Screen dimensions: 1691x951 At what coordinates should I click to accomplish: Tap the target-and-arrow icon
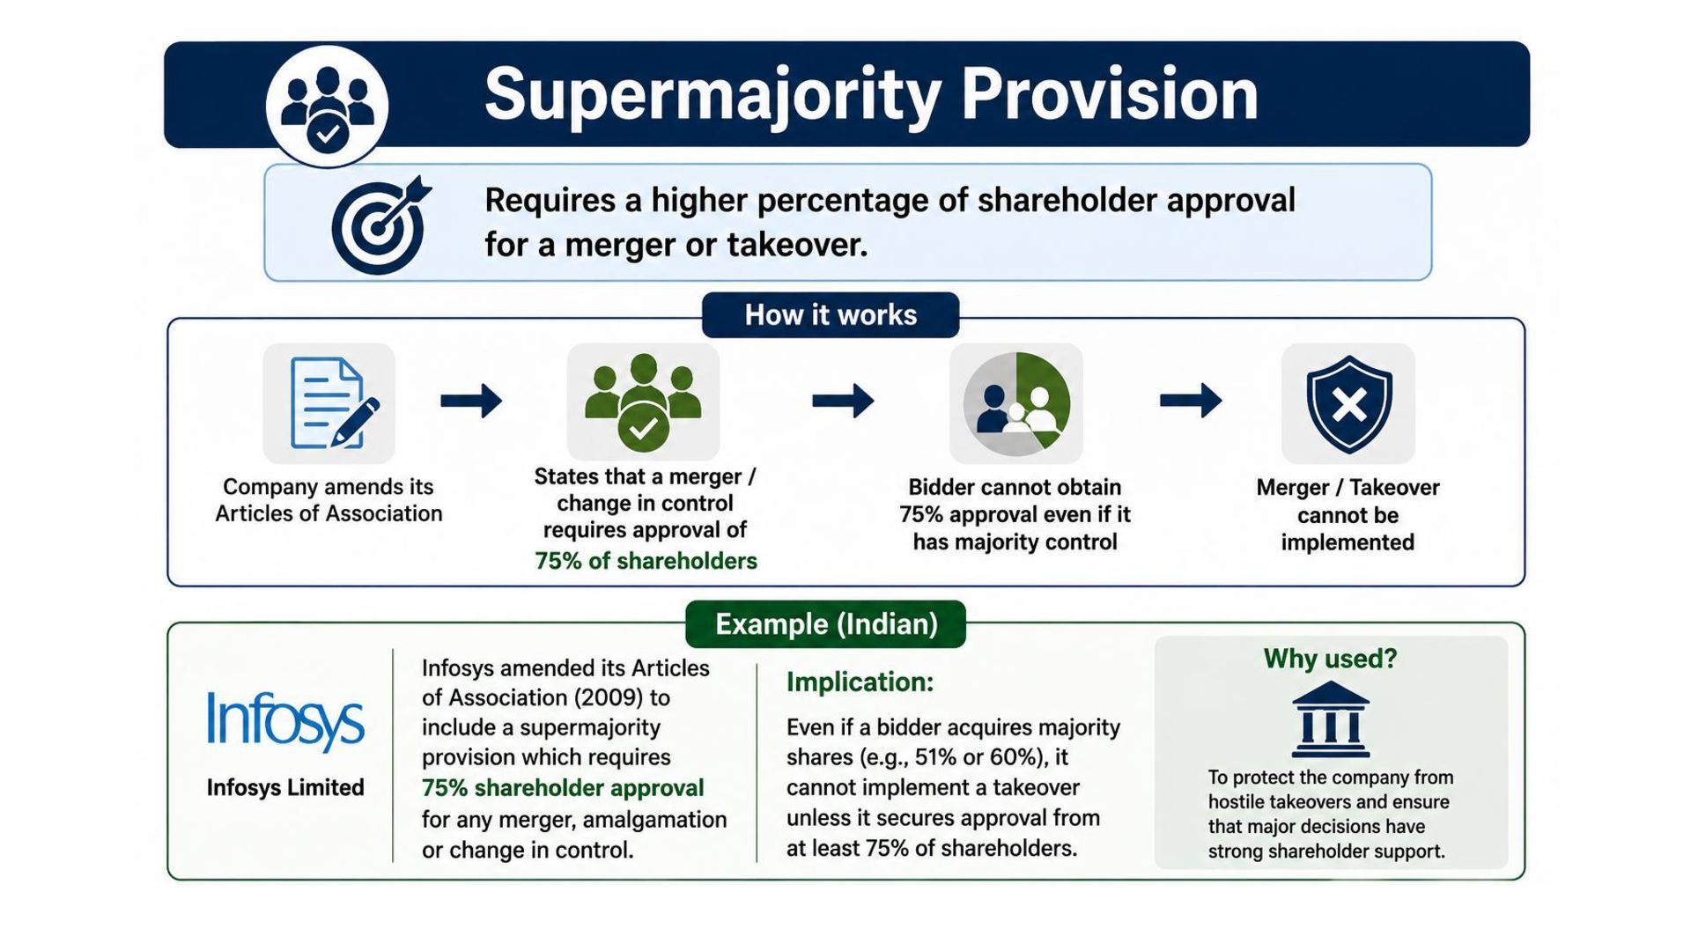[x=380, y=225]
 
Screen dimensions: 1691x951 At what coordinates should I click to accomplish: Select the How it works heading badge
[x=831, y=315]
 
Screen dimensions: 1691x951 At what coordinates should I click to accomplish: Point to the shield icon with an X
[x=1348, y=404]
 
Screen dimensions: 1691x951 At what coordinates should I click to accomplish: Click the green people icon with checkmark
[x=643, y=402]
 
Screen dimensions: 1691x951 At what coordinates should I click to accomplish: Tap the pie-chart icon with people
[x=1016, y=404]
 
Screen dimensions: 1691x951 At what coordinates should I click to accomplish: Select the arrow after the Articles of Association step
[x=471, y=402]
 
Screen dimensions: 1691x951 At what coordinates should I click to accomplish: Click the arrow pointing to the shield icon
[x=1191, y=402]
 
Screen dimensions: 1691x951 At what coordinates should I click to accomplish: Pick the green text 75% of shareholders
[x=646, y=561]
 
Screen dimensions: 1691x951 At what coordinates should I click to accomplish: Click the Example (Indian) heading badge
[x=825, y=624]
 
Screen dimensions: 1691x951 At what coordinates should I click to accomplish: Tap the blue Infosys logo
[x=285, y=721]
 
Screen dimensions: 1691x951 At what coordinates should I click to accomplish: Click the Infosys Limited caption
[x=285, y=787]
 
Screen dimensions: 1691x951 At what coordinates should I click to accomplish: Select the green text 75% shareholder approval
[x=563, y=788]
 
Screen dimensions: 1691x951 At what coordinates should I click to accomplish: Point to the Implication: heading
[x=860, y=682]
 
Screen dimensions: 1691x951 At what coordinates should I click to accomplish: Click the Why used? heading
[x=1330, y=659]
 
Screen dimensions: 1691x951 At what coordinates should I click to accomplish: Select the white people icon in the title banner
[x=328, y=107]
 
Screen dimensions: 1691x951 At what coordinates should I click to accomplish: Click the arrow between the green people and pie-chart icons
[x=843, y=402]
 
